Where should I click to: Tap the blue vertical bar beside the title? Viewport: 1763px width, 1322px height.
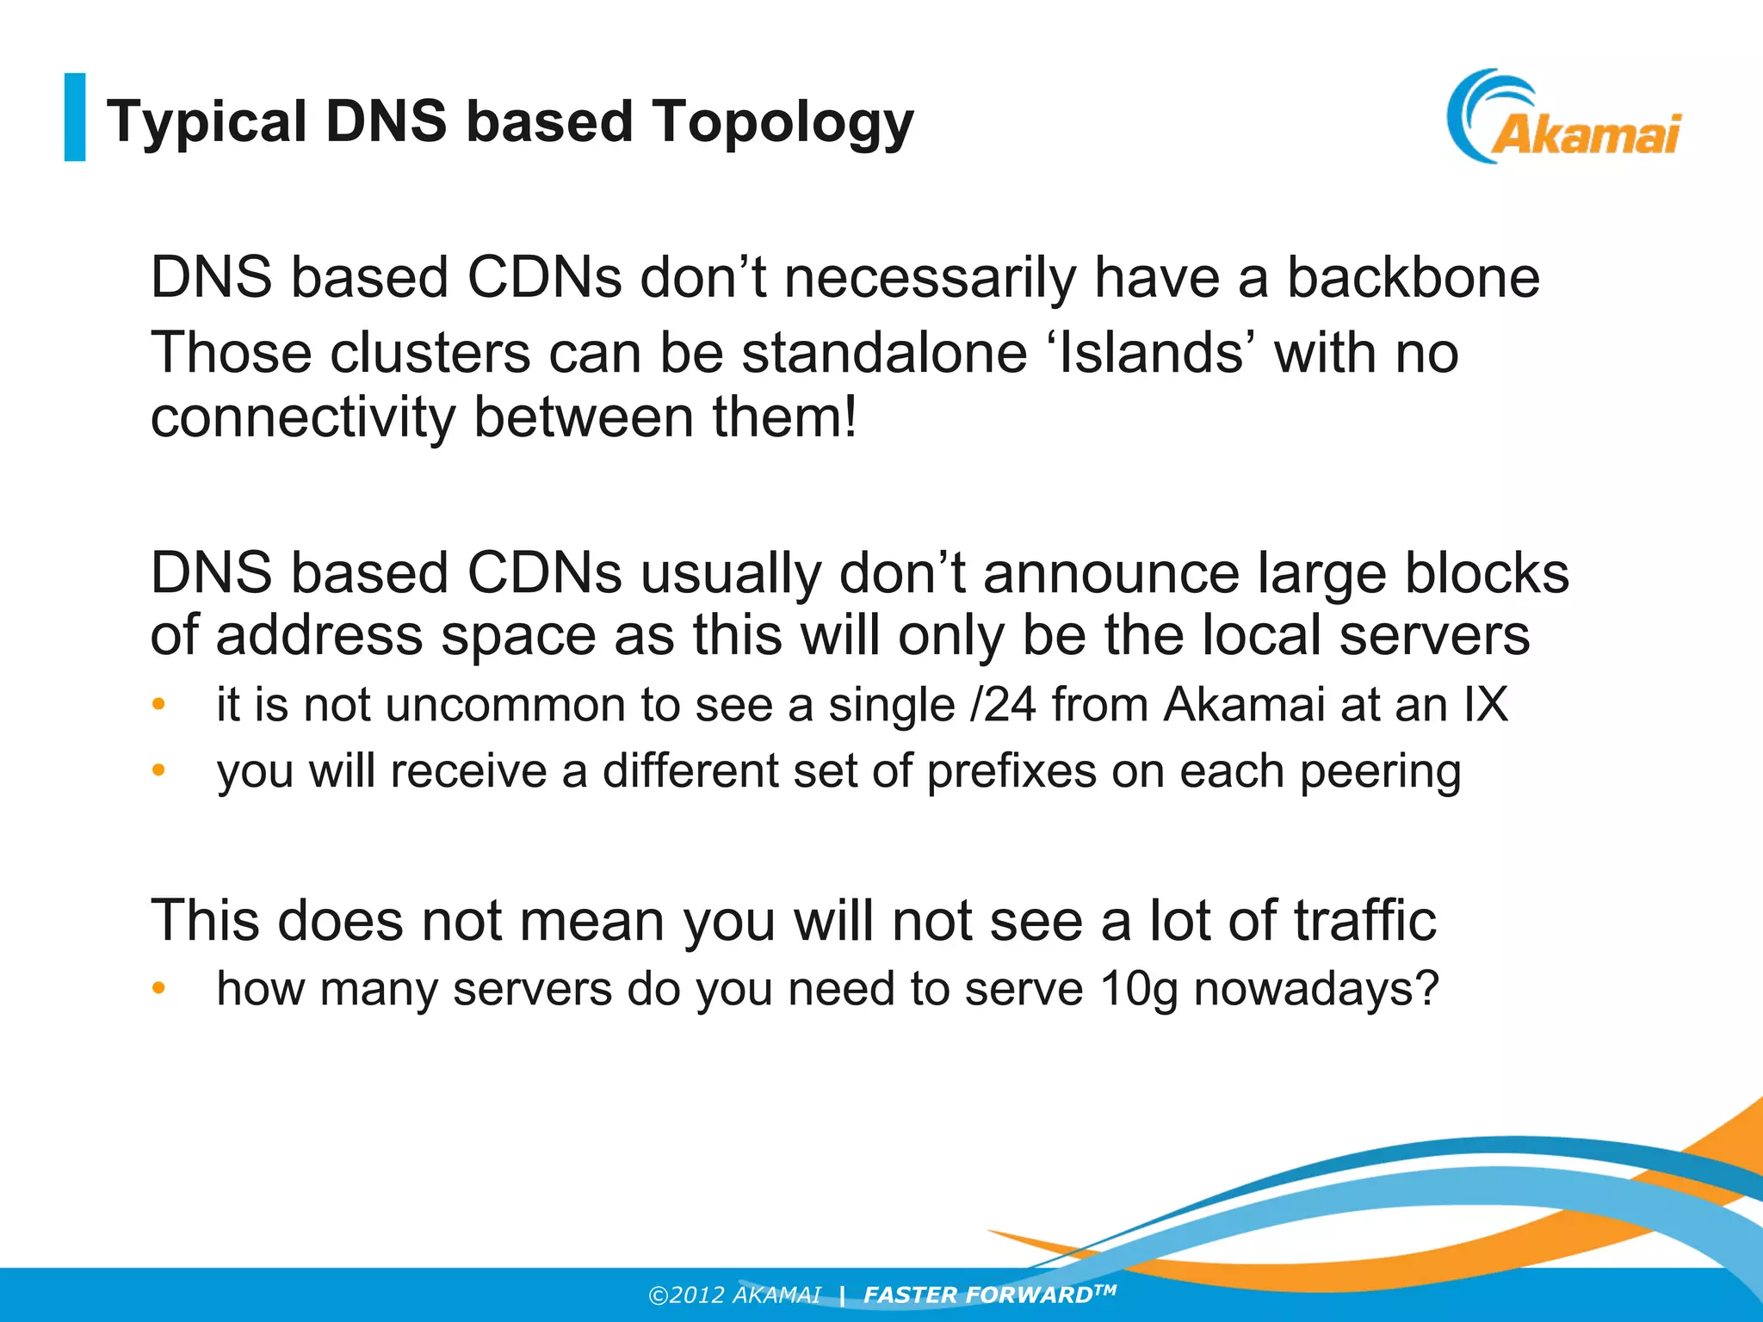(x=75, y=117)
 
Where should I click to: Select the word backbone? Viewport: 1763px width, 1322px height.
(x=1413, y=278)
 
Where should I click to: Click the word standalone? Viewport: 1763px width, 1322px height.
(x=884, y=353)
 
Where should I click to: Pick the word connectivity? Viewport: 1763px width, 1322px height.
(x=302, y=418)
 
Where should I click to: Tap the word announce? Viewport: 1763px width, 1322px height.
(x=1111, y=573)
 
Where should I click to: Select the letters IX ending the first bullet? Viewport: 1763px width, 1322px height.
(x=1486, y=705)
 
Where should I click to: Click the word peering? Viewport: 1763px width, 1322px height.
(x=1380, y=771)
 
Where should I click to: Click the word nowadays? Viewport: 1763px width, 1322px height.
(x=1315, y=989)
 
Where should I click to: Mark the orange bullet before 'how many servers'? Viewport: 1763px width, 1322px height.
(x=158, y=989)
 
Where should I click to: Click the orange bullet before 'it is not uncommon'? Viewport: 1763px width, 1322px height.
(x=158, y=705)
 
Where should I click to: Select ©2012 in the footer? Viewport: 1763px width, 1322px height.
(x=687, y=1295)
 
